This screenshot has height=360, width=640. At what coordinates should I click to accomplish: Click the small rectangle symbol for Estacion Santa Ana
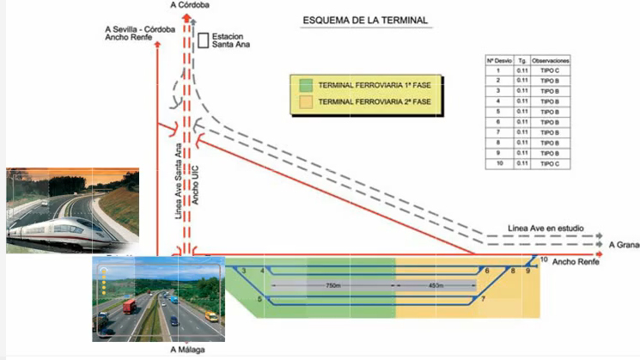point(203,40)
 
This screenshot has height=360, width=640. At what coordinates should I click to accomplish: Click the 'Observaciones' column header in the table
point(551,62)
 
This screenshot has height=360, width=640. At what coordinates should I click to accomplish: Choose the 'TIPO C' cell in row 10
point(551,162)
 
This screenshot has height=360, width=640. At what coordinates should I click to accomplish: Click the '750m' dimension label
point(333,284)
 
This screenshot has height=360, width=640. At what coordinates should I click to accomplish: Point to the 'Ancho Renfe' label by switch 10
point(575,260)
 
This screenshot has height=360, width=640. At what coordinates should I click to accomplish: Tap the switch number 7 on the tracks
point(484,298)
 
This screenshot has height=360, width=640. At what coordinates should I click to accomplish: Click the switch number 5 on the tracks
point(259,299)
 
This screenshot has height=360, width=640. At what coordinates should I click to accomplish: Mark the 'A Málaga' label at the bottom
point(186,350)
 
